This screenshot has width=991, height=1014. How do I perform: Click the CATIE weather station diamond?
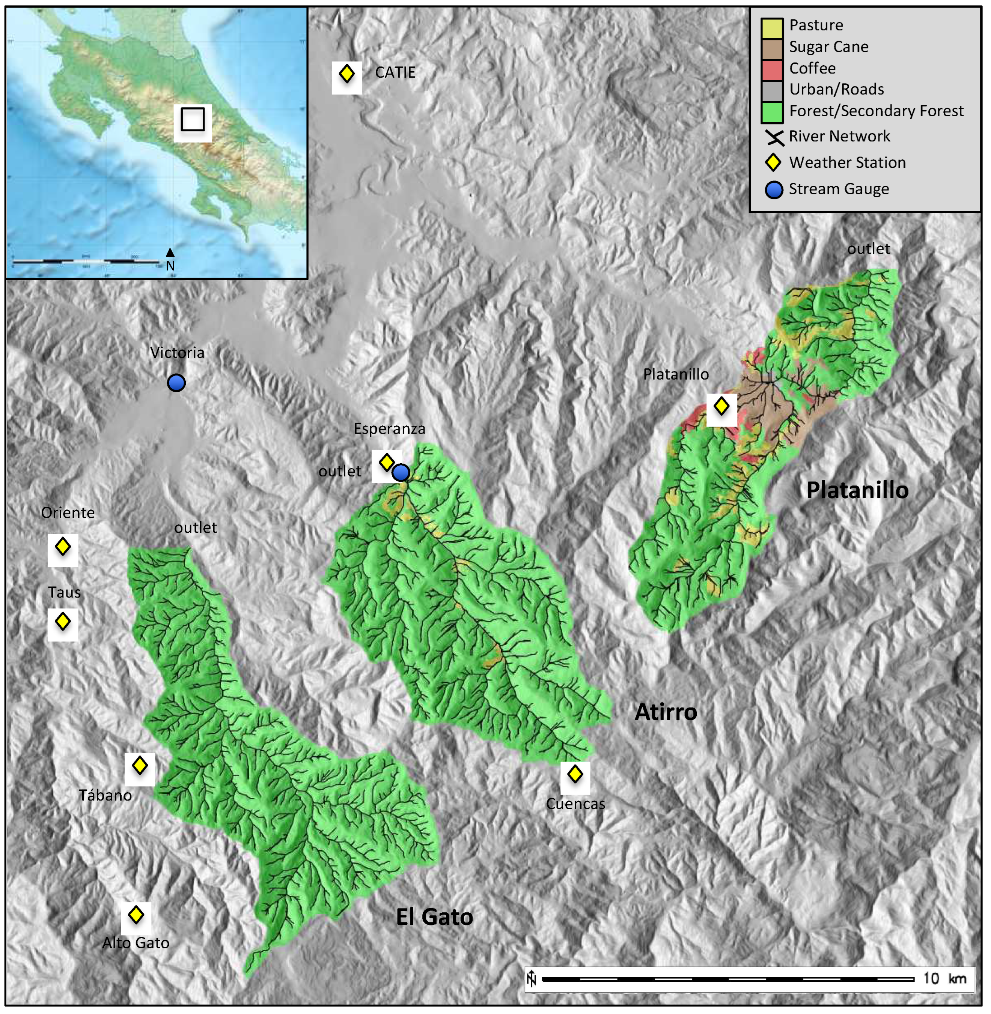coord(346,74)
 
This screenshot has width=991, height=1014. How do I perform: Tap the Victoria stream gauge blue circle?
coord(176,383)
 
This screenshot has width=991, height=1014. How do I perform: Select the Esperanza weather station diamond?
coord(386,462)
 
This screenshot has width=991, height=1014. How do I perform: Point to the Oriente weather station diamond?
coord(63,547)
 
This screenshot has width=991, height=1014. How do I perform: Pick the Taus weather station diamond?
coord(63,622)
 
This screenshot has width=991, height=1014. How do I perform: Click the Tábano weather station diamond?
coord(140,766)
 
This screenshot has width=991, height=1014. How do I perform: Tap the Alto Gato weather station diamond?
coord(136,915)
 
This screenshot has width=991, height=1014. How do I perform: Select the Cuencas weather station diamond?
coord(575,775)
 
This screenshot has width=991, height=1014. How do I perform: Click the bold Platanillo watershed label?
coord(857,491)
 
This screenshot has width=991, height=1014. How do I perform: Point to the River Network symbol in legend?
coord(774,137)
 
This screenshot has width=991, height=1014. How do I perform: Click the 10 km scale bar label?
coord(944,979)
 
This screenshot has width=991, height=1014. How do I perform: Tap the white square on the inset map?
coord(193,120)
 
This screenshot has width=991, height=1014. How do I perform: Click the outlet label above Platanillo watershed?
coord(868,249)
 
